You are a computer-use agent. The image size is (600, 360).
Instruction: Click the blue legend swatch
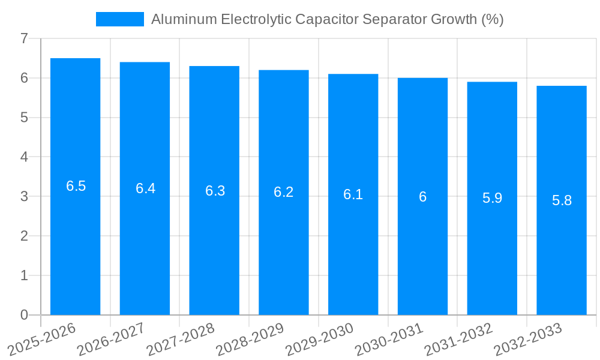120,19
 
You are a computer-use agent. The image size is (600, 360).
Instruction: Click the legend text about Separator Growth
327,19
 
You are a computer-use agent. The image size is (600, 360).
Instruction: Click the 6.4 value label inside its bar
145,188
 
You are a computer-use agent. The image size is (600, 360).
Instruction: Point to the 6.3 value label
215,191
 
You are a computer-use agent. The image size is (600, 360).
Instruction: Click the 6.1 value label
353,194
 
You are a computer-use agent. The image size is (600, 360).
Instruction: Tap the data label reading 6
422,197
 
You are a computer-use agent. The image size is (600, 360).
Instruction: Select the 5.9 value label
492,198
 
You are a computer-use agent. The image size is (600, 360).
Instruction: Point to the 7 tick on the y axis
24,38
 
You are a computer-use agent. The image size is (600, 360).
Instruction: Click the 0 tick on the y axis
24,315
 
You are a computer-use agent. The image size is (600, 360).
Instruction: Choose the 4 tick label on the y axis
24,157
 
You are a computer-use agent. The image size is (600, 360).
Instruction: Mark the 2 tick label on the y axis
24,236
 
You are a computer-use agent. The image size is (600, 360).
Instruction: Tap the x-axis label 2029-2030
320,339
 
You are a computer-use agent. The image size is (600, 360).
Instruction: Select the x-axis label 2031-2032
458,339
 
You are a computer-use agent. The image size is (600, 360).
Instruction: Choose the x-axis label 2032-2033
528,339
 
